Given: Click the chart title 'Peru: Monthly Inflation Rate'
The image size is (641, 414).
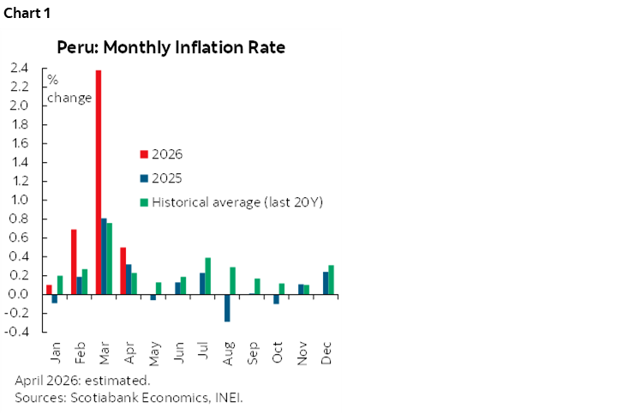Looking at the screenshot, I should coord(171,47).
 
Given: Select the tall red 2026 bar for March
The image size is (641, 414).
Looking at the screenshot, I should coord(99,182).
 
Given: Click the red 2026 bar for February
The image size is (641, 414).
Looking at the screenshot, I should coord(74,261).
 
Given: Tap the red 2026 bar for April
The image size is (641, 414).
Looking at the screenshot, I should coord(123,271).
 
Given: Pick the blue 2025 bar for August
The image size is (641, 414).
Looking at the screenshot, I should coord(227,308).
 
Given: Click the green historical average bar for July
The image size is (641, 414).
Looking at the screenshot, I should coord(208,276).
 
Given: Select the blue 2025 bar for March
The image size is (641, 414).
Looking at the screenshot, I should coord(104,256).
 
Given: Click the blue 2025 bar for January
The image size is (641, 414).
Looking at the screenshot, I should coord(54,298).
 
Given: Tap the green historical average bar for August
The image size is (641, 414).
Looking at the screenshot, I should coord(233,281).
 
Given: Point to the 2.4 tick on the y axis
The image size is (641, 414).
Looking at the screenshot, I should coord(19,68).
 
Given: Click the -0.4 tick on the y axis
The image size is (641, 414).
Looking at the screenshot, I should coord(17,332).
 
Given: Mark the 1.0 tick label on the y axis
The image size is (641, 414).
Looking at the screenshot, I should coord(19,200).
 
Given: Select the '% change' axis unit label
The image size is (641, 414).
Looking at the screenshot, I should coord(69,89).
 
